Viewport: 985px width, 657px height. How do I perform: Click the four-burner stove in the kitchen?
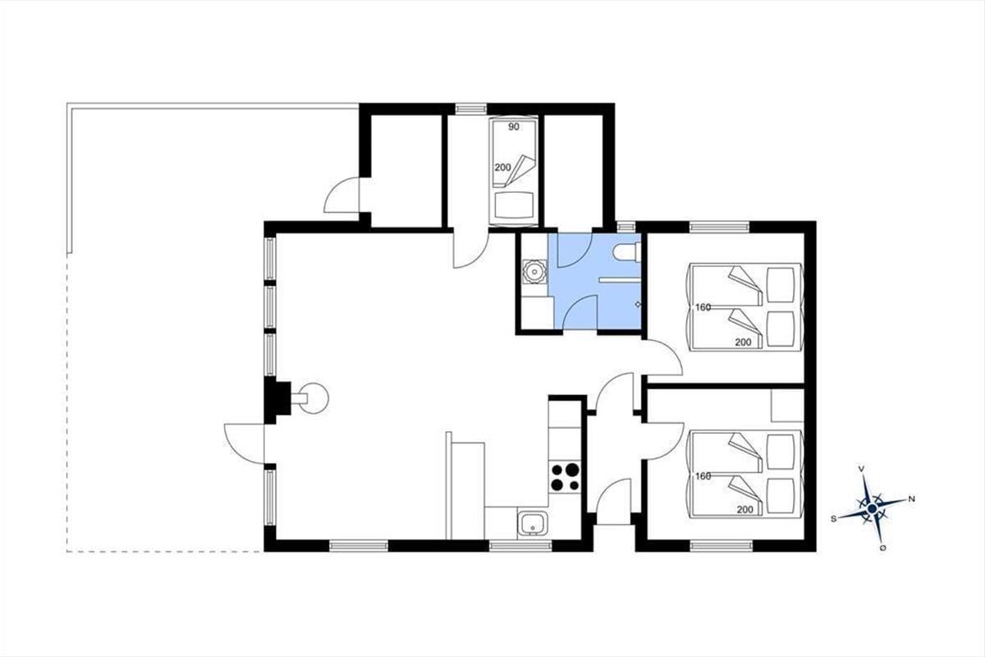565,476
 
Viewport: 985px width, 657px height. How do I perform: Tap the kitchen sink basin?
533,524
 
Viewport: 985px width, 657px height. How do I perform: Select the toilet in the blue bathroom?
626,254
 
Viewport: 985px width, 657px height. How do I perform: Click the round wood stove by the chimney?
314,398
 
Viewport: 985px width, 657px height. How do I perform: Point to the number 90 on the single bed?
514,127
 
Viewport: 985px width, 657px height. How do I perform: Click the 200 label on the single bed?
502,168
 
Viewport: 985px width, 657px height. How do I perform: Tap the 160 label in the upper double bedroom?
703,308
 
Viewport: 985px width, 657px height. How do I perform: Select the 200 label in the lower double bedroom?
745,509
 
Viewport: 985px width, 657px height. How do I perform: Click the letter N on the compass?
912,499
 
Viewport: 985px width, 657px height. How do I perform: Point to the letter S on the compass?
833,519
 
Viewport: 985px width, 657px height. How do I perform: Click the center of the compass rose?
873,508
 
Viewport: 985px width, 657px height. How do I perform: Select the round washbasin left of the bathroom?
534,272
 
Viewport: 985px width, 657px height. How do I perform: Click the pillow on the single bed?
514,206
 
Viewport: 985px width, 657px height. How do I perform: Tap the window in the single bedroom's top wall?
471,108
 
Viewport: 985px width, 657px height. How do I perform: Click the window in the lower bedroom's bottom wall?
722,545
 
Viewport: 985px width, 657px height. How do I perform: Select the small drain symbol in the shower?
638,304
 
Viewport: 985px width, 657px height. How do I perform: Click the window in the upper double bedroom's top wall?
719,227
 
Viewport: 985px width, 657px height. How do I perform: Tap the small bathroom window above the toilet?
626,227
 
